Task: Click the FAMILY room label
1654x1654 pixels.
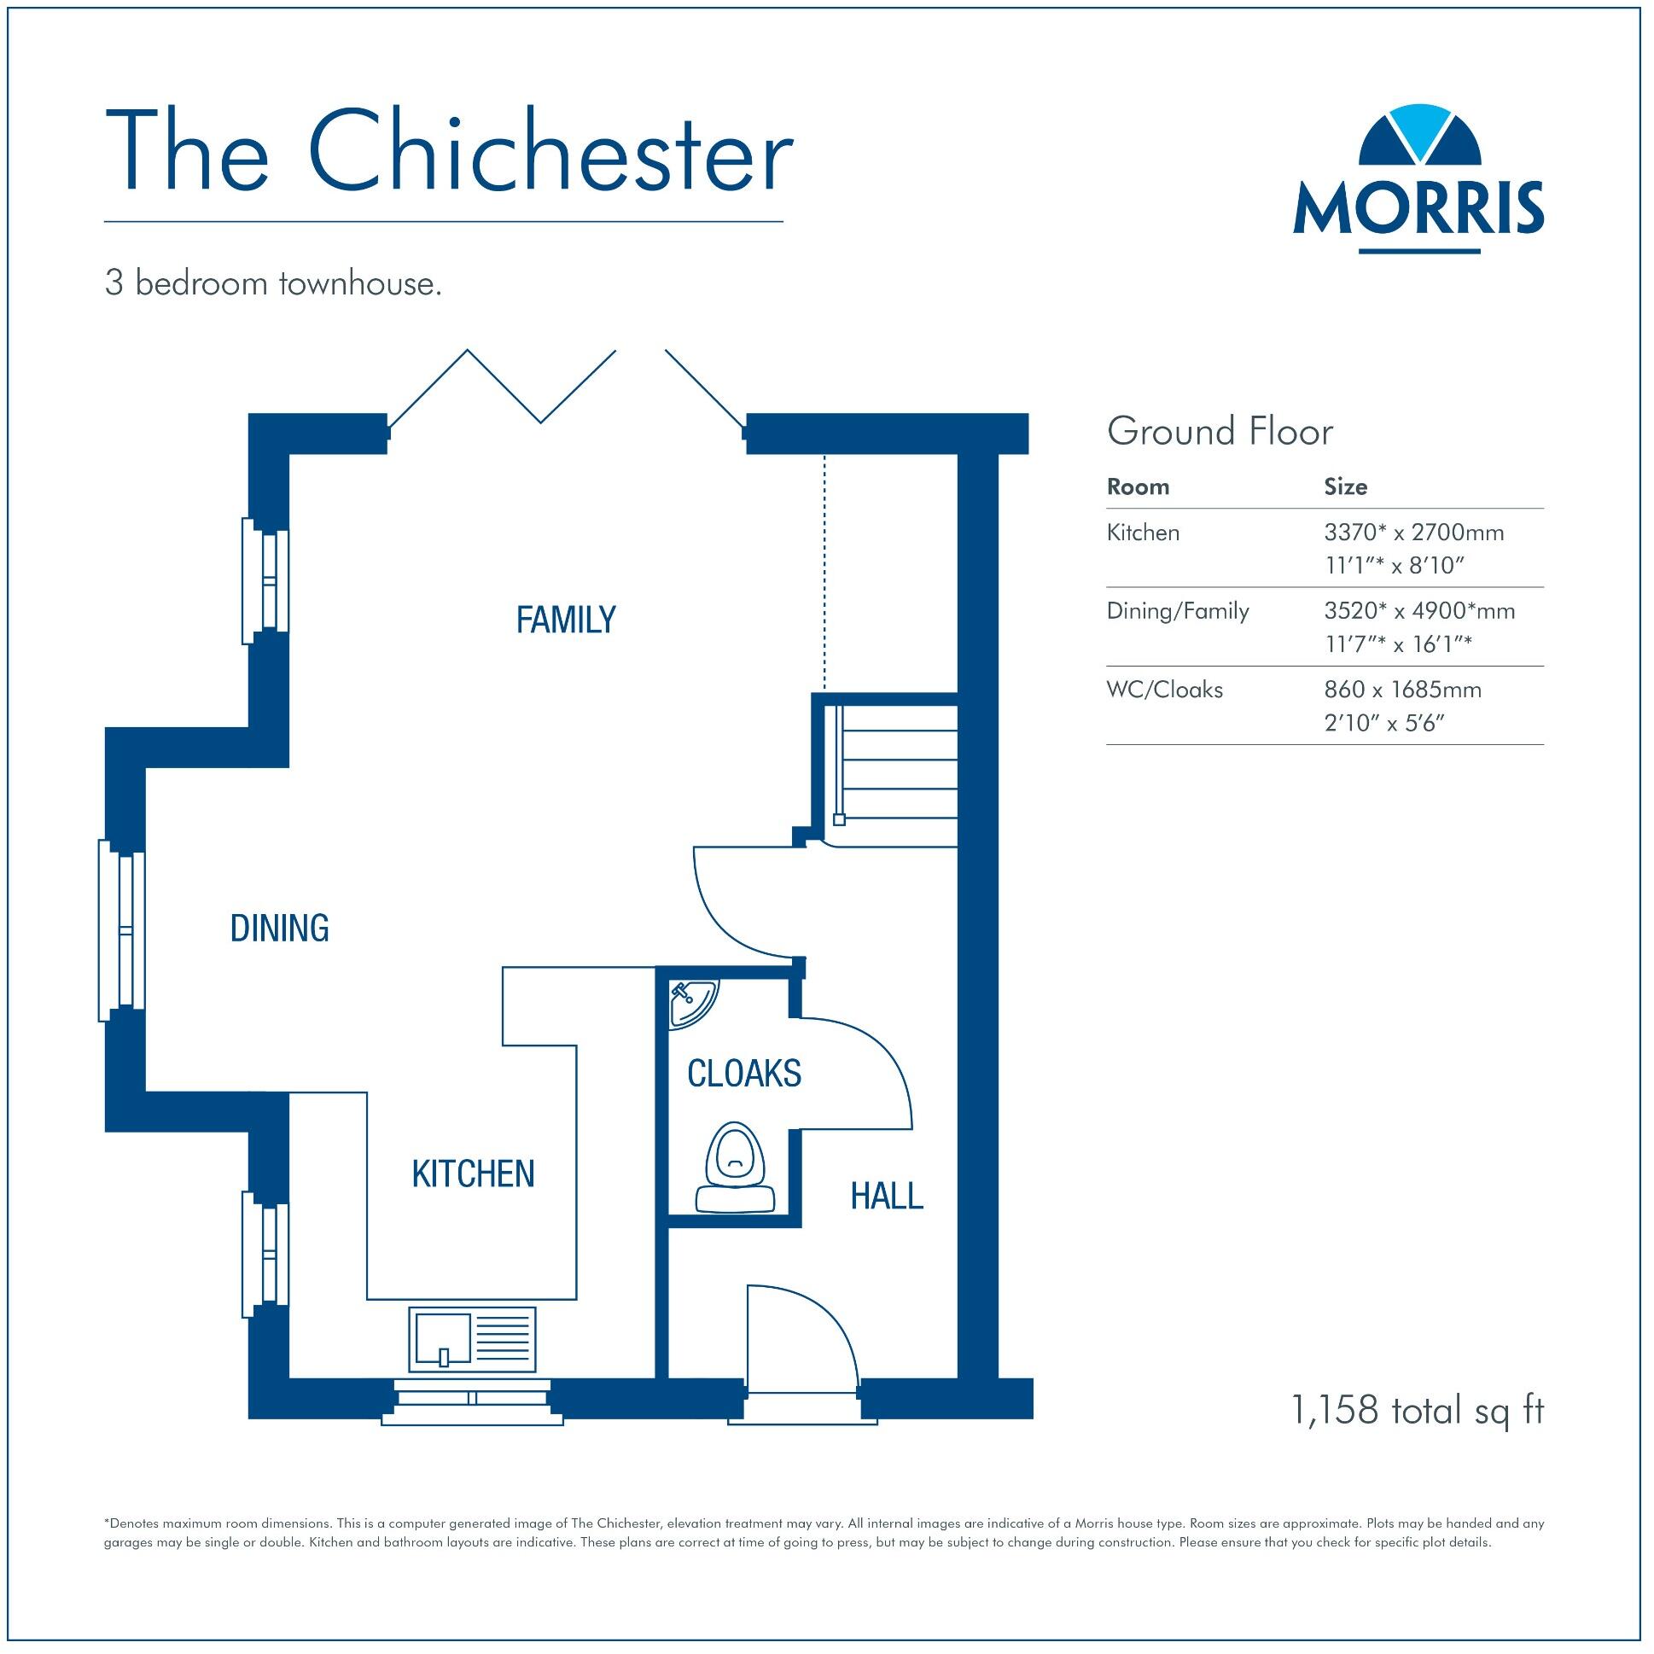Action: (x=566, y=620)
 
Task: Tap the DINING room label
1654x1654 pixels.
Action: (x=280, y=929)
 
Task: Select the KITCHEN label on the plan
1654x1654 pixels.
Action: (x=473, y=1174)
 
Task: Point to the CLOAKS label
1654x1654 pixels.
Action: (x=744, y=1074)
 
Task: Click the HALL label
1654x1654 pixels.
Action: (x=887, y=1196)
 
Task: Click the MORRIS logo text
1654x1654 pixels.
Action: (x=1418, y=208)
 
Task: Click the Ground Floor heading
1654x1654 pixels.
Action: (x=1219, y=432)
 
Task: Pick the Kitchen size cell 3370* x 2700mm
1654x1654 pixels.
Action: (x=1413, y=533)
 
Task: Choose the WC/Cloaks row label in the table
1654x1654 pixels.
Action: (x=1164, y=690)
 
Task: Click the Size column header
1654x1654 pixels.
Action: (x=1345, y=487)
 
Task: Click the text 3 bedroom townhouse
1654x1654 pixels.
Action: (x=273, y=283)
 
